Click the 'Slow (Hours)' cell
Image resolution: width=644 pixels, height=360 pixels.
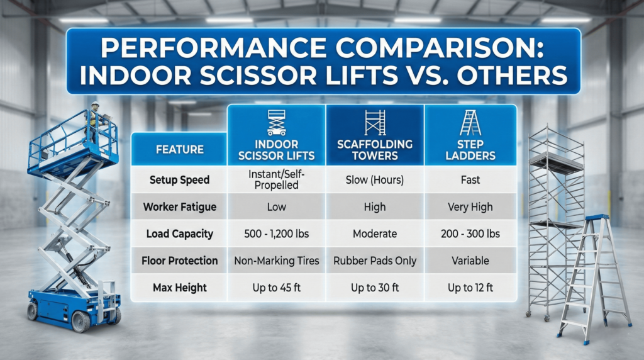coord(375,180)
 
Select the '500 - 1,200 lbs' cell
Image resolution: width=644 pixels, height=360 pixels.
coord(276,233)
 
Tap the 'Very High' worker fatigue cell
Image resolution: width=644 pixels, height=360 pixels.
coord(470,206)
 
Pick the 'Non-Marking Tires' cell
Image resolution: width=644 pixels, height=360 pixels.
coord(276,261)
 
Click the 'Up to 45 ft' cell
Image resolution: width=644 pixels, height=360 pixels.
coord(276,288)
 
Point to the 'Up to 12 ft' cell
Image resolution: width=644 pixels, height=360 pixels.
coord(470,288)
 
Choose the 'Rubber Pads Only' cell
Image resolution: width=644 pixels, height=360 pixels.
coord(375,261)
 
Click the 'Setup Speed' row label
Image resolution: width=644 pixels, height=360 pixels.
coord(180,180)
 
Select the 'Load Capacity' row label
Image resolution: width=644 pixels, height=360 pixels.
coord(180,233)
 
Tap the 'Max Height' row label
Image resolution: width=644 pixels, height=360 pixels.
coord(180,288)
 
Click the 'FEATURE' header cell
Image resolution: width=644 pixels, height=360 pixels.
coord(180,150)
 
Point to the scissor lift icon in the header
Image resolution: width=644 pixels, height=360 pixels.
coord(275,122)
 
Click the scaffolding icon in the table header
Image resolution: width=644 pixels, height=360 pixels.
coord(375,122)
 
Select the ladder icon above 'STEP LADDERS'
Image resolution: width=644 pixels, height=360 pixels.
coord(470,122)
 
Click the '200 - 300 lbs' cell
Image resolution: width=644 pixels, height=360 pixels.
coord(470,233)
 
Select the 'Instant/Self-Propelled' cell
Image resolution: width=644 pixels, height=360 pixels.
coord(276,180)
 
